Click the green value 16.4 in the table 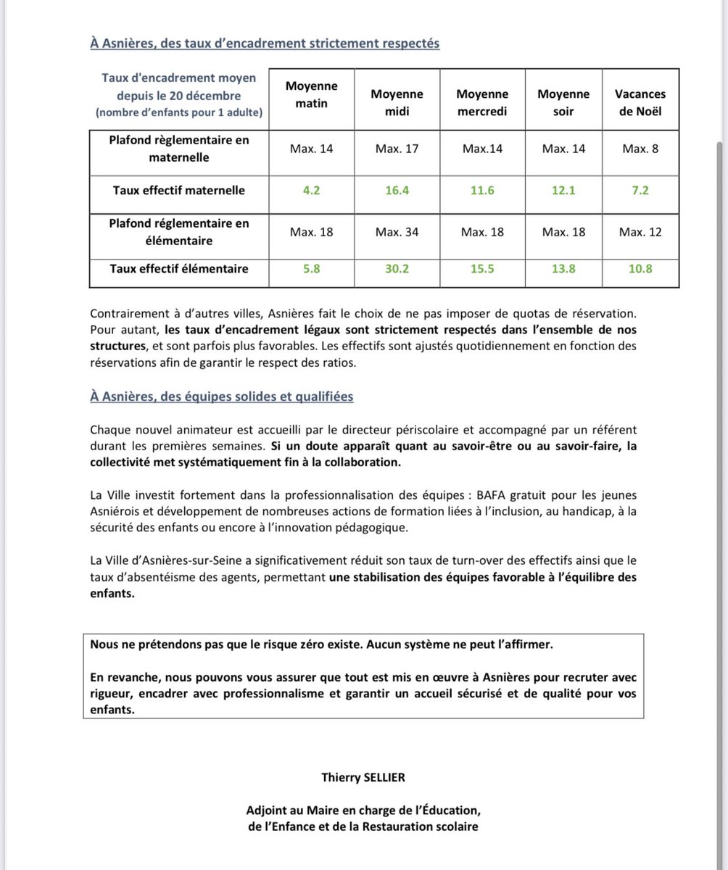[397, 191]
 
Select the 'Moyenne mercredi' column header [482, 103]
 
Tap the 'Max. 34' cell [397, 232]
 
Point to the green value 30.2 [397, 268]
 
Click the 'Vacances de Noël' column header [640, 103]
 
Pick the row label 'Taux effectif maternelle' [179, 191]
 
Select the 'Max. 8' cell [640, 149]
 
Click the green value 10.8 [640, 268]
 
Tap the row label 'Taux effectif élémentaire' [179, 268]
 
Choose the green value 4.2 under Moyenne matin [311, 191]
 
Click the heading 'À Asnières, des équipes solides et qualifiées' [222, 397]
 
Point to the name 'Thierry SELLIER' [363, 777]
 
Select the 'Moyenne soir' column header [563, 103]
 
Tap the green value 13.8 [563, 268]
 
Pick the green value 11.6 [482, 191]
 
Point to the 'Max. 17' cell [397, 149]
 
